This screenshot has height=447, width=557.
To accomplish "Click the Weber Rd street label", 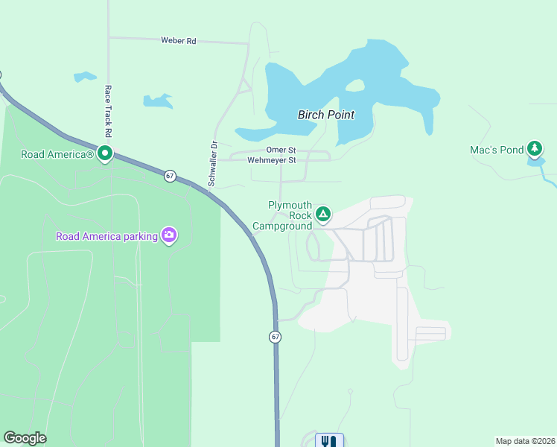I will [178, 41].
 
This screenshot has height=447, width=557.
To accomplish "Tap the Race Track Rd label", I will [108, 110].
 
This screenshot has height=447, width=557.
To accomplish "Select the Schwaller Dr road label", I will [212, 163].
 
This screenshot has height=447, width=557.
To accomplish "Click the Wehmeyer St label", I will [272, 159].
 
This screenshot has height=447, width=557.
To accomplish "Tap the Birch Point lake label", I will [325, 115].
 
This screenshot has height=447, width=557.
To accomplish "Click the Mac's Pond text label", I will [497, 150].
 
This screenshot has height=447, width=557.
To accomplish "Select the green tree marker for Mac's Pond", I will [535, 148].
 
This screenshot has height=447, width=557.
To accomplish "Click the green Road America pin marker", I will [105, 153].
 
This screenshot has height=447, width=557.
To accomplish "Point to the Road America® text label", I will [57, 154].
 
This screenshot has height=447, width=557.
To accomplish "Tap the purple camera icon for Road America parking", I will [169, 235].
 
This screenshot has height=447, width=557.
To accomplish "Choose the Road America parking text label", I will [106, 237].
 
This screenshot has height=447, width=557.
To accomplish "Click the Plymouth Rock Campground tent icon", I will [322, 215].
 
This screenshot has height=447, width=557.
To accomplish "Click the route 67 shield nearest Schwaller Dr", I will [171, 176].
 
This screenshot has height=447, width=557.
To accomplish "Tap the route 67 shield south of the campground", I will [276, 337].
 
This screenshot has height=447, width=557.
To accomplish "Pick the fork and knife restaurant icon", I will [329, 440].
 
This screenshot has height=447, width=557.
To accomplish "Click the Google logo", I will [25, 438].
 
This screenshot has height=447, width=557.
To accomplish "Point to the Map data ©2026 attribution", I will [525, 440].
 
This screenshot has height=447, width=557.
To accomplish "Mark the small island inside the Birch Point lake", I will [355, 85].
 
